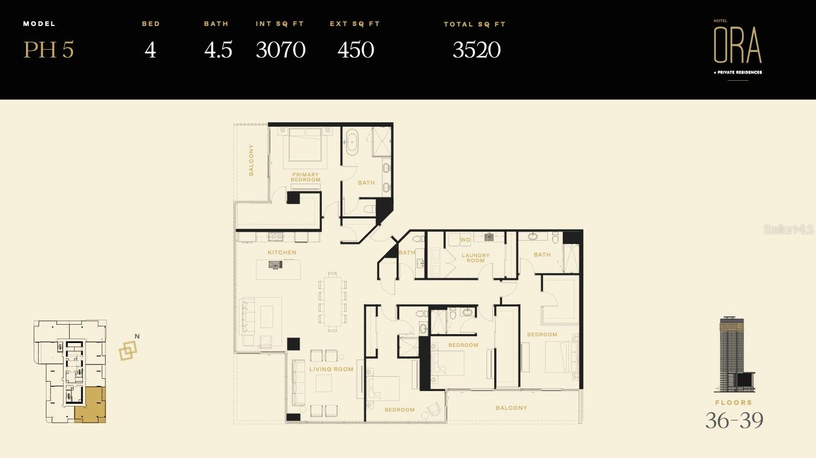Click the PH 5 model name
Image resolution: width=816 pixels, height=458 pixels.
click(49, 50)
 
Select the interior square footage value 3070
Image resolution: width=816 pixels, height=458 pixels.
click(280, 50)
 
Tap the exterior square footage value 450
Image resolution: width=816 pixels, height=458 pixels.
click(355, 50)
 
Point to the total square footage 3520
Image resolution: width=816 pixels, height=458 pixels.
click(477, 50)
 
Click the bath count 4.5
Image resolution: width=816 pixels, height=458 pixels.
click(218, 50)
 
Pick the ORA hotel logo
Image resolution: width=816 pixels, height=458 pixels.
click(737, 47)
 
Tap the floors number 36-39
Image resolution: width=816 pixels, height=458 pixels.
click(734, 420)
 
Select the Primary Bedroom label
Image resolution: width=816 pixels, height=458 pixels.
click(306, 177)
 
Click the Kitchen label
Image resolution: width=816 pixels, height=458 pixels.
click(282, 252)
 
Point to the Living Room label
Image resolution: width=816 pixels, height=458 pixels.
click(331, 369)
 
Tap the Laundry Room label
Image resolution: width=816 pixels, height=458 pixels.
click(475, 258)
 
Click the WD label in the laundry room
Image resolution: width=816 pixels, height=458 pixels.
click(465, 240)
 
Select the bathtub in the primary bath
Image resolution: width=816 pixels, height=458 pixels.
click(352, 143)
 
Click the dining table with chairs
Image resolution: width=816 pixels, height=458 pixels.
click(332, 301)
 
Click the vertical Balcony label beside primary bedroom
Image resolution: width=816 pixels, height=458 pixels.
click(251, 160)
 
